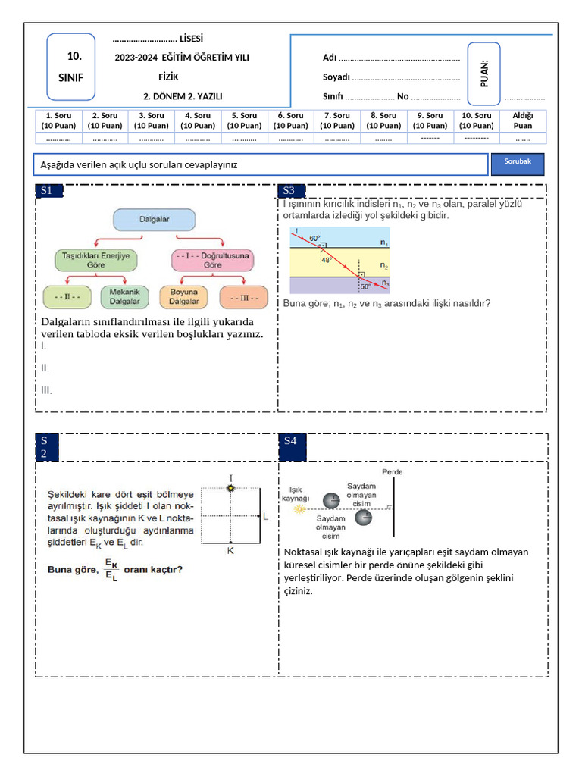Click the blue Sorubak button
click(517, 164)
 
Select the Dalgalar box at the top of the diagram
click(154, 219)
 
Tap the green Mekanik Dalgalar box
click(124, 296)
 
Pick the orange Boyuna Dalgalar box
click(183, 296)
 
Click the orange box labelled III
click(244, 297)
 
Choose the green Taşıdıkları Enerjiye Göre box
click(95, 261)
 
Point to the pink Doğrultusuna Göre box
click(212, 261)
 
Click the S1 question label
click(49, 190)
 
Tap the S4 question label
click(293, 447)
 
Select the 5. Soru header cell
click(245, 120)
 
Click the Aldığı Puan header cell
click(523, 120)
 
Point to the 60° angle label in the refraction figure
click(314, 239)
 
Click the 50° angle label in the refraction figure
click(365, 286)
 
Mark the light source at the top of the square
click(230, 488)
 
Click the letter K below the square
click(230, 550)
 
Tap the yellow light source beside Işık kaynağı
click(299, 508)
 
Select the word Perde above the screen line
click(392, 472)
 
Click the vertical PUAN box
click(484, 74)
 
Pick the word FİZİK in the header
click(168, 77)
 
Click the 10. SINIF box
click(70, 67)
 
